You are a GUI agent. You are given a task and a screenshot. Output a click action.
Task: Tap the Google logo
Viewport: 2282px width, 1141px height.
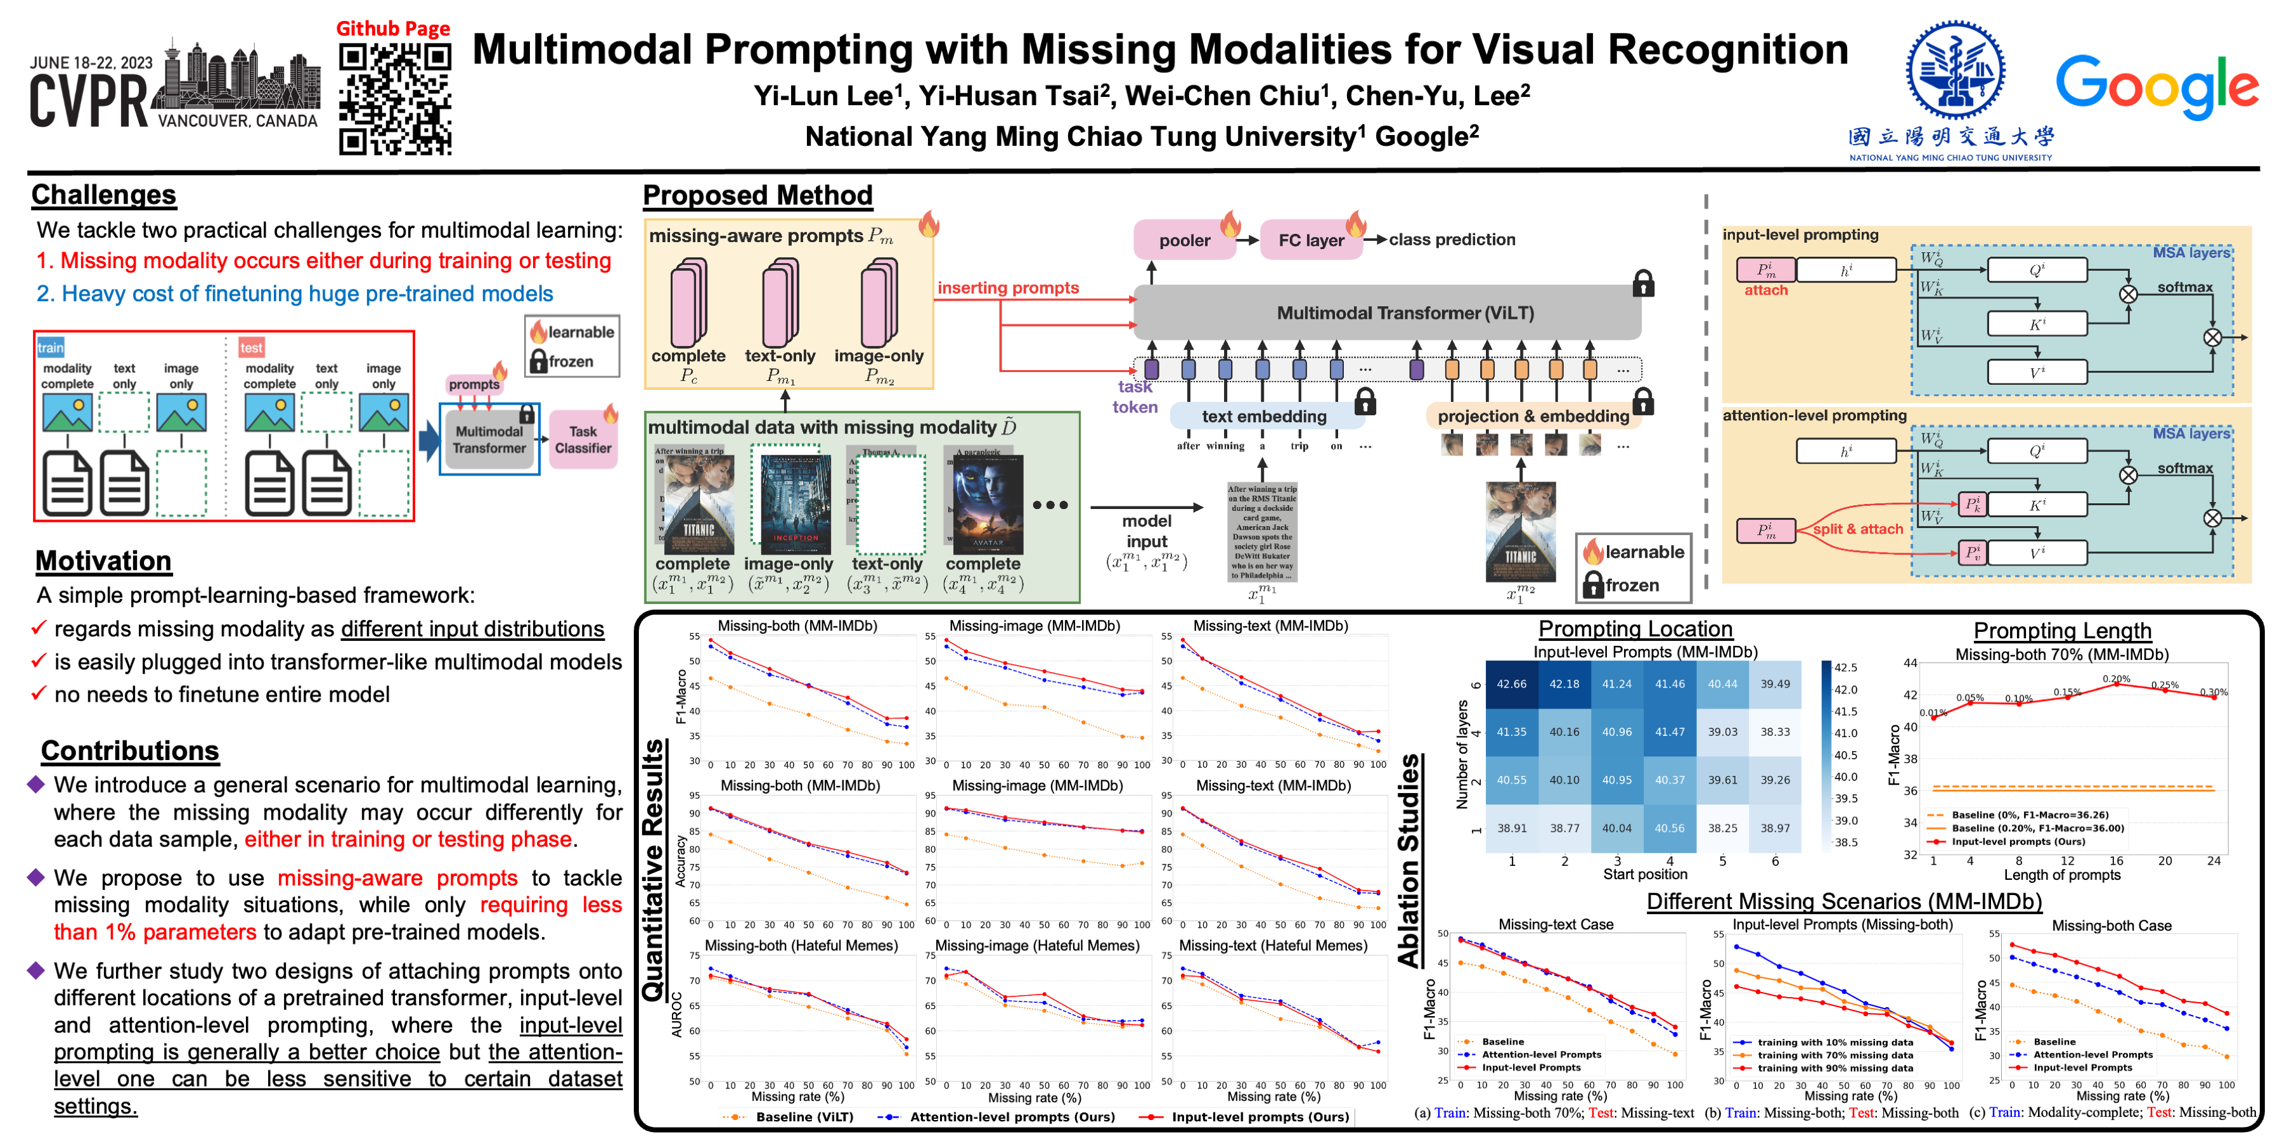tap(2156, 86)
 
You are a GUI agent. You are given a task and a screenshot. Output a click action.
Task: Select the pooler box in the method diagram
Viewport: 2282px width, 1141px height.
tap(1184, 240)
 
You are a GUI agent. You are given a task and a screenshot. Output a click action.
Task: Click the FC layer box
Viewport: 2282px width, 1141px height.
tap(1311, 240)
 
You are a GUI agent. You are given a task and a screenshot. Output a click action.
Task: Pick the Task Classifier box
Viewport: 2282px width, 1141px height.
tap(583, 439)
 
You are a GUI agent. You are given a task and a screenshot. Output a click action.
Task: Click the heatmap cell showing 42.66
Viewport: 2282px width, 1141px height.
tap(1511, 684)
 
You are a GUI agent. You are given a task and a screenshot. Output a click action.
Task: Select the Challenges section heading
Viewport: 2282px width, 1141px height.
tap(104, 195)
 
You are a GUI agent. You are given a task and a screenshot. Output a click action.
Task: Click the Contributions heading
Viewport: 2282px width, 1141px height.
tap(129, 751)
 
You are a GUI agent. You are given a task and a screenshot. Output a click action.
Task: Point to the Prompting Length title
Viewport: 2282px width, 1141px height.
tap(2061, 631)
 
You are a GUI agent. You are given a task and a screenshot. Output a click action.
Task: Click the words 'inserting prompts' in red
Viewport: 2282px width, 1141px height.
tap(1008, 288)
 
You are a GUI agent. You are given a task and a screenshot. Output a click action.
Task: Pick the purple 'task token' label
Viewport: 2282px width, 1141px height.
tap(1135, 397)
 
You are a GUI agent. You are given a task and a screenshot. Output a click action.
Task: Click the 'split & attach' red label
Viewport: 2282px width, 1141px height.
tap(1858, 529)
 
